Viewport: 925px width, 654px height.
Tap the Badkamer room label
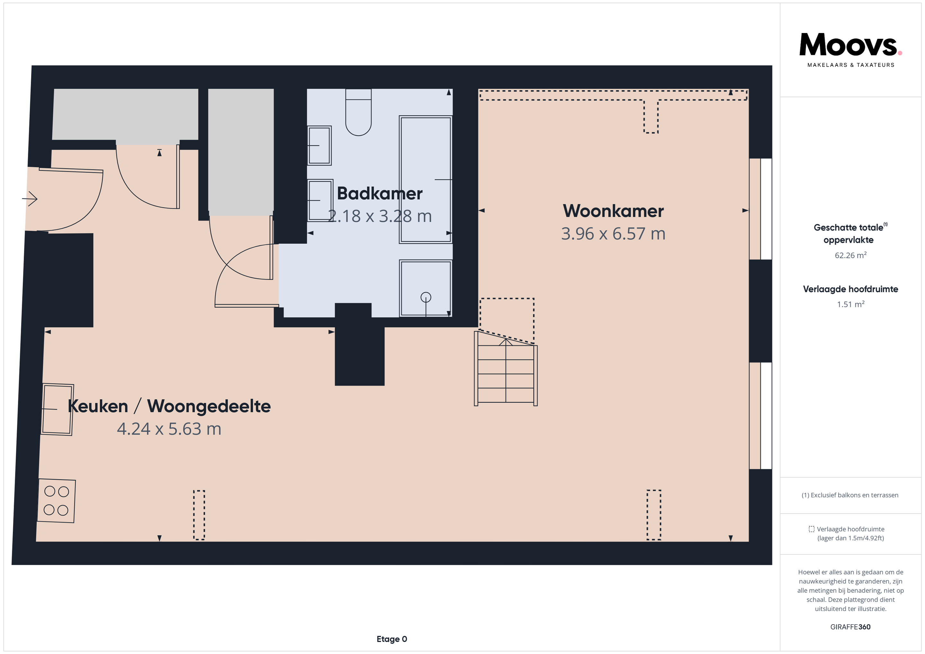(380, 194)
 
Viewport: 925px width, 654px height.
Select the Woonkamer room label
(613, 211)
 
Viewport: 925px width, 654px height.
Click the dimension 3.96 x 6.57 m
(613, 234)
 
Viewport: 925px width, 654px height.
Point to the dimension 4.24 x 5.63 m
(169, 429)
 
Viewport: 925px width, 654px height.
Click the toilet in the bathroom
(358, 112)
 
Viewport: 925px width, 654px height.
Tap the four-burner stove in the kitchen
(57, 501)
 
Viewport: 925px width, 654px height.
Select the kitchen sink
(57, 409)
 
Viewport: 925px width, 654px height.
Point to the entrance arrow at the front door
(30, 198)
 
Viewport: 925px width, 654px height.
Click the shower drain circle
(426, 297)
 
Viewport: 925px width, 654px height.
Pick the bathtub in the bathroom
(426, 179)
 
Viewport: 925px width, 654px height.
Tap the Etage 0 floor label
(392, 639)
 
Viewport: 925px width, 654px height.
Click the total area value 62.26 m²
(850, 255)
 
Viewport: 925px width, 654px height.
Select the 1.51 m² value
(850, 304)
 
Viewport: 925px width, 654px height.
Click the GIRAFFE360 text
(850, 627)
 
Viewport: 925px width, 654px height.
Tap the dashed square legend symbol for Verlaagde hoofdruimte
(811, 529)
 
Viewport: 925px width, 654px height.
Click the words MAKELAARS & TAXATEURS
(851, 65)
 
